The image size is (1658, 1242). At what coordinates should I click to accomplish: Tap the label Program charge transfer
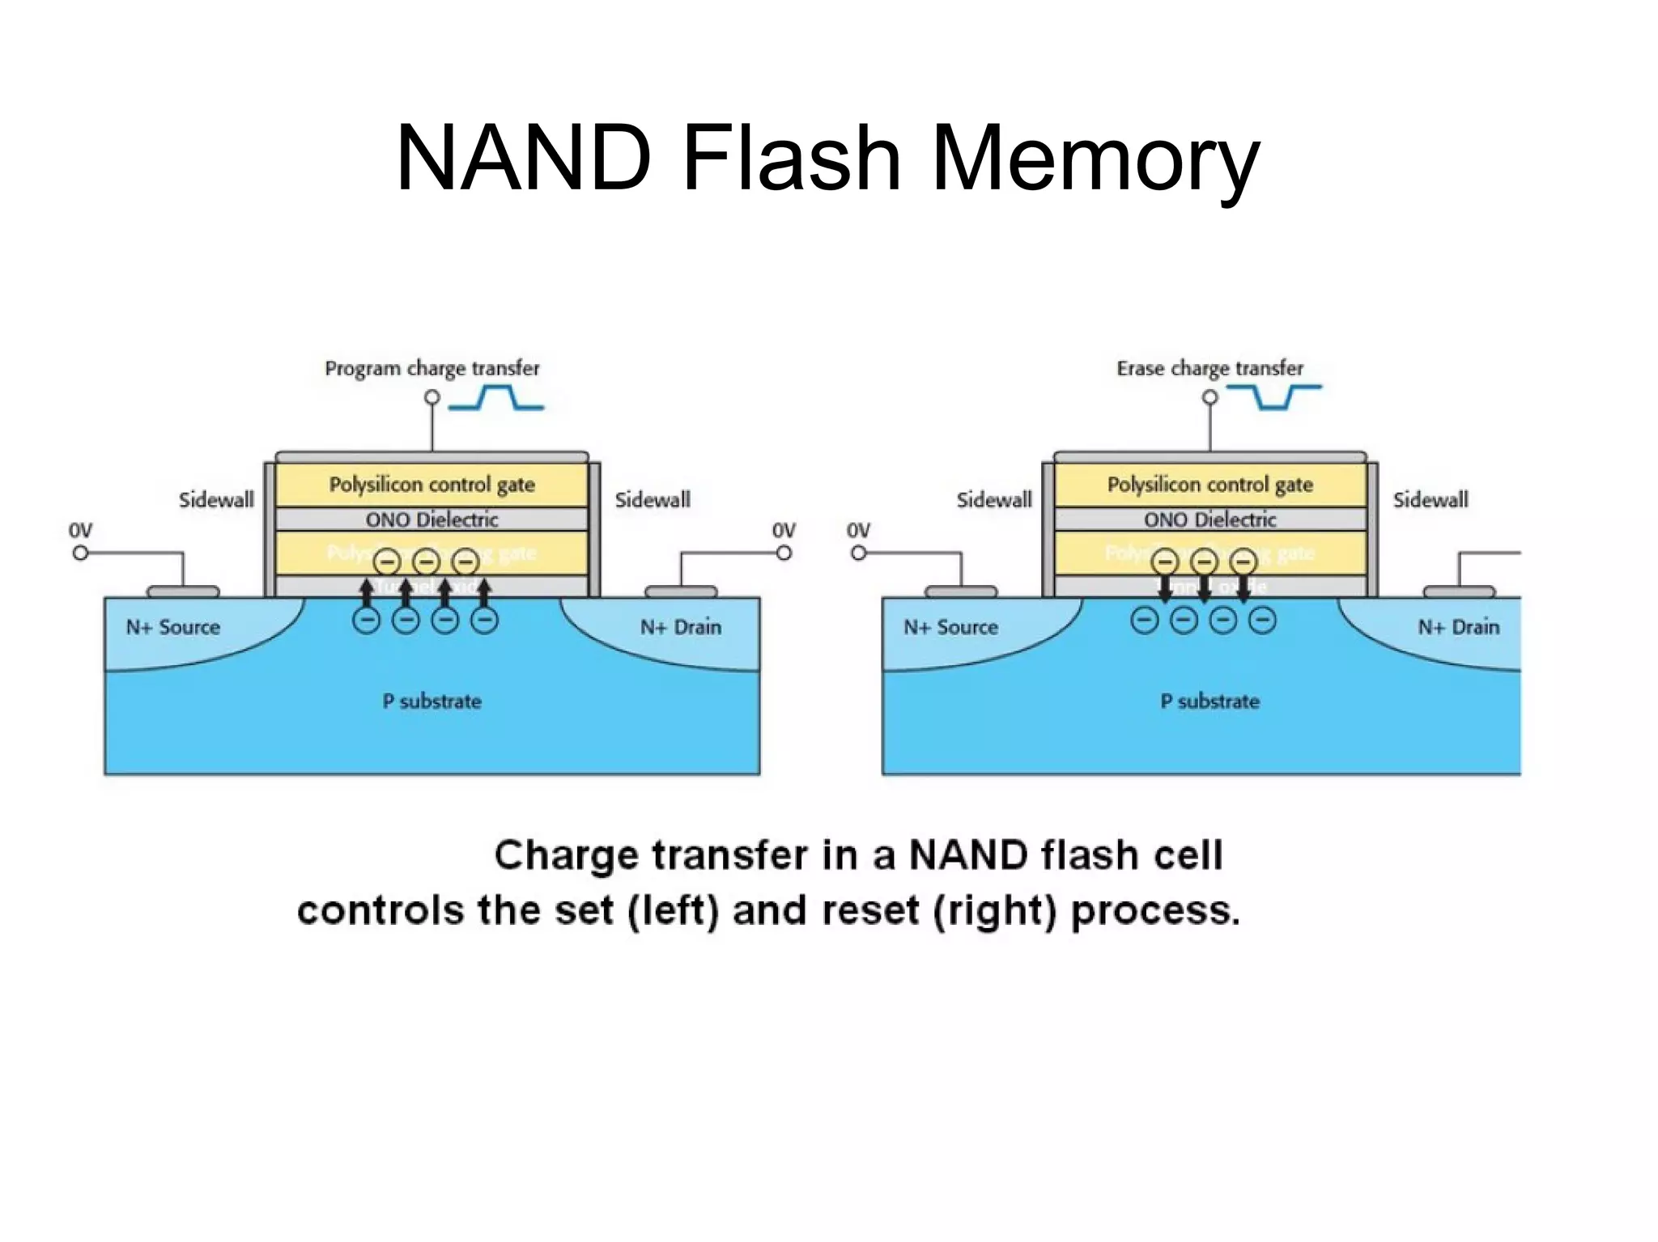click(432, 369)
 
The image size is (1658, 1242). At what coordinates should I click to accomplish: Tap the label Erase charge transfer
click(1209, 369)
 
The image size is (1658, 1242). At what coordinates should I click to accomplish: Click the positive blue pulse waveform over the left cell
click(496, 398)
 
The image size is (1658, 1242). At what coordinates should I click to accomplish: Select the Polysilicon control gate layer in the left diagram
click(432, 485)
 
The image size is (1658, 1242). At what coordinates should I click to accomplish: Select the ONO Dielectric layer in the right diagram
click(1209, 519)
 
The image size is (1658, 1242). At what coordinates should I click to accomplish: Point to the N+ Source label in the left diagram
click(172, 627)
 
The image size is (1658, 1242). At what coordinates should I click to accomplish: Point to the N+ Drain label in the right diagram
click(1458, 627)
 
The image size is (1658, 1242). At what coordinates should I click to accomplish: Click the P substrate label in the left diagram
click(432, 702)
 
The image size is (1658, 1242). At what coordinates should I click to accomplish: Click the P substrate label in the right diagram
click(1209, 702)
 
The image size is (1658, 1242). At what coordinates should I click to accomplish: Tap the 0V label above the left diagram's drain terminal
click(783, 531)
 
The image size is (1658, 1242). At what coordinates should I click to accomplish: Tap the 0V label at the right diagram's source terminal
click(858, 531)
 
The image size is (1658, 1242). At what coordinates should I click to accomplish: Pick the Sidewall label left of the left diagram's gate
click(216, 500)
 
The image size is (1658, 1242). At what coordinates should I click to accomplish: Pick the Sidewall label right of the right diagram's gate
click(1430, 500)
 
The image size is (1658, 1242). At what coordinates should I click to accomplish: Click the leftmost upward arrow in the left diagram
click(367, 591)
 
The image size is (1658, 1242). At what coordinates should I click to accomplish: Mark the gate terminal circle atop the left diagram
click(432, 397)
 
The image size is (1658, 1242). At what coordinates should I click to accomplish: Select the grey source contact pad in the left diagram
click(183, 591)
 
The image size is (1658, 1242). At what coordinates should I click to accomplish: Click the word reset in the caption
click(869, 911)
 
